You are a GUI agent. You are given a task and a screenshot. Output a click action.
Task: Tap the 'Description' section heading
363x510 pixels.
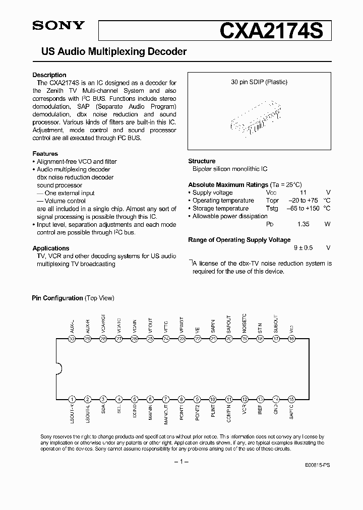49,75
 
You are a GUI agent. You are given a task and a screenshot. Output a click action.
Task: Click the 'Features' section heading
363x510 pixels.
45,154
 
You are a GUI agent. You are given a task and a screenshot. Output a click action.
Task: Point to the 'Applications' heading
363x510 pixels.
51,248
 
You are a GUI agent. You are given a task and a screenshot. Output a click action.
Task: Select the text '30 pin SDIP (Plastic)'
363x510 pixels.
259,82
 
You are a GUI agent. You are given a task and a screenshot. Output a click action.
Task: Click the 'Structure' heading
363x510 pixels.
202,161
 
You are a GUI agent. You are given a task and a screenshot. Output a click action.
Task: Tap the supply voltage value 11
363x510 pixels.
303,193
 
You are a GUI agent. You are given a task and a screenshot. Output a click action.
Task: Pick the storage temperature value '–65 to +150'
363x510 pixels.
302,209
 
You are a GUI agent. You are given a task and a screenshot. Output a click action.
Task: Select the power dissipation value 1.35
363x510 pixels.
303,224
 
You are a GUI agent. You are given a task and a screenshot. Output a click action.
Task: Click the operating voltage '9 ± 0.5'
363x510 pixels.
303,248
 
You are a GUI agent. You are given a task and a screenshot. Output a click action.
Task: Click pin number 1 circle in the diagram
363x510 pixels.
72,399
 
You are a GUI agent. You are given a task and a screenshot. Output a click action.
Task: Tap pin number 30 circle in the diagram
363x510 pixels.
72,339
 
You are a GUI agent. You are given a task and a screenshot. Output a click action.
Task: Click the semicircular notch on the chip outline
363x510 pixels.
58,369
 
